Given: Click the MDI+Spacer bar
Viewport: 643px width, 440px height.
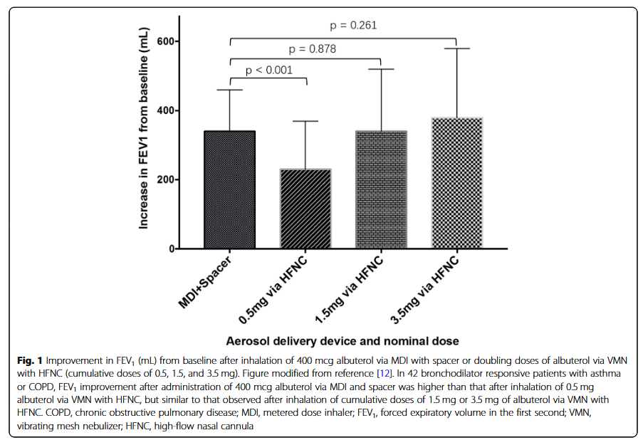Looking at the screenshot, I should (231, 190).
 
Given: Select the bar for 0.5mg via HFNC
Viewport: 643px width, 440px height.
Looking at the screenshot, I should (306, 209).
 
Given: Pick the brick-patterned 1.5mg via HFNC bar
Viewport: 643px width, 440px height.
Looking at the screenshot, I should (382, 190).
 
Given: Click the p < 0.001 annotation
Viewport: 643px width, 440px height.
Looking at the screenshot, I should (268, 70).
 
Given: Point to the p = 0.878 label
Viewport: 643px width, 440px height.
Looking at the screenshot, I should (312, 49).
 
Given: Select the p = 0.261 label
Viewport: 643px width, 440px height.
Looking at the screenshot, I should (353, 25).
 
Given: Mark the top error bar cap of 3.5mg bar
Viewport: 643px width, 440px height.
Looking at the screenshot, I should (457, 48).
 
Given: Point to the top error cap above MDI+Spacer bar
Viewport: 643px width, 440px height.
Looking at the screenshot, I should (231, 90).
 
